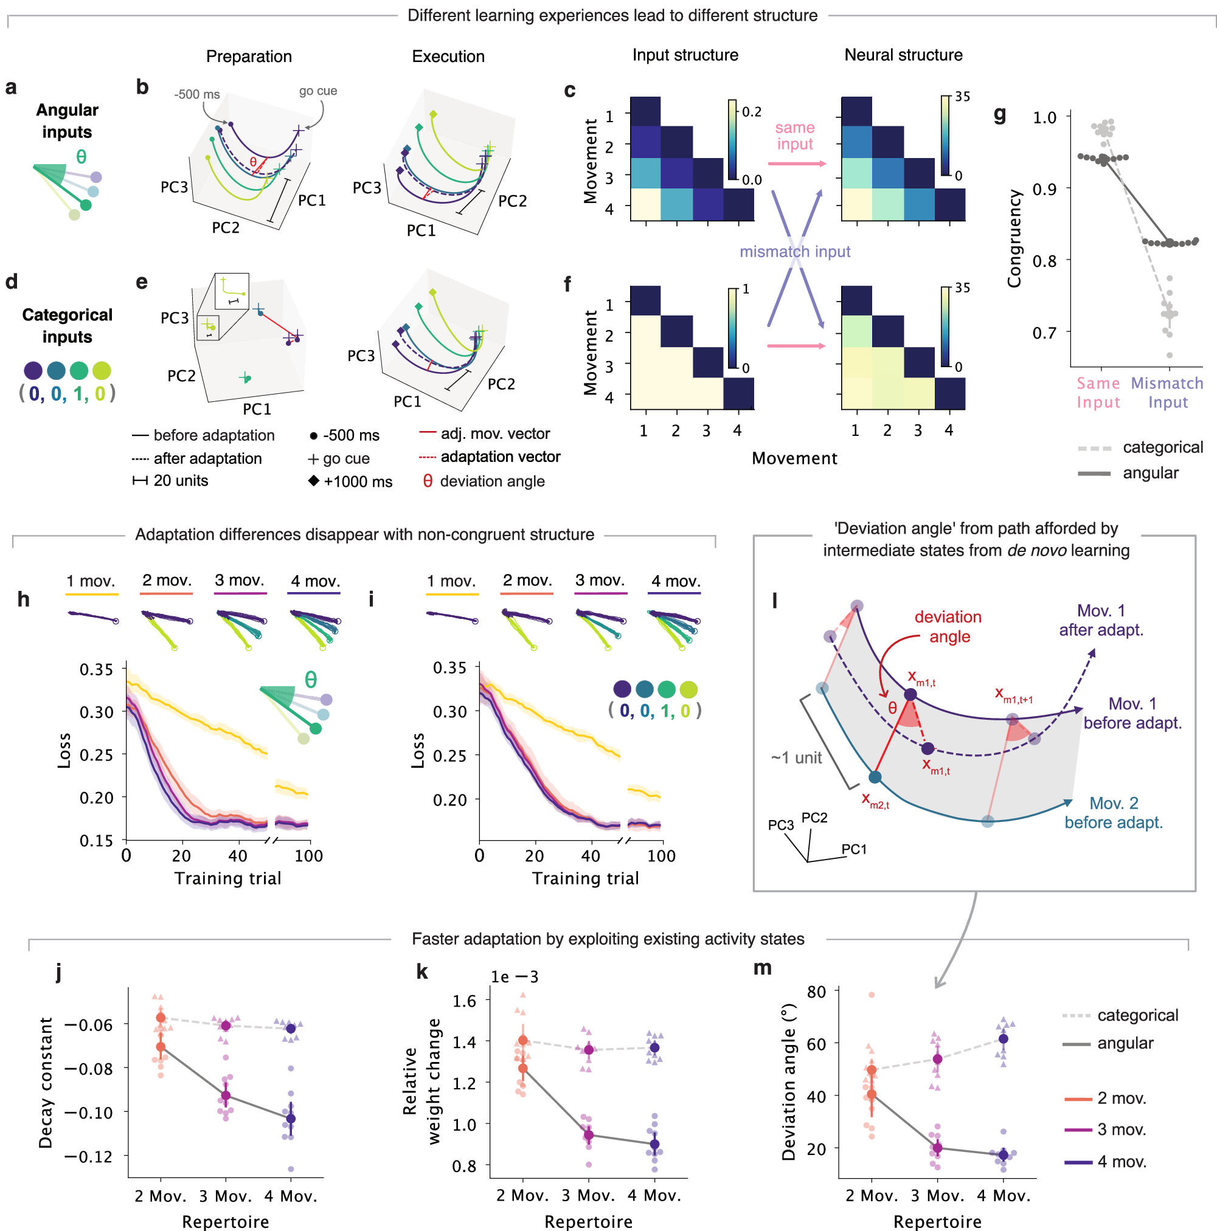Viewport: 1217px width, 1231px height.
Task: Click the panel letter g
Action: (x=1000, y=116)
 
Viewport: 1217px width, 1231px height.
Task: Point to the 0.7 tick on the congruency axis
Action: (x=1044, y=333)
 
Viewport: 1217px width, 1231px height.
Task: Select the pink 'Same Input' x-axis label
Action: (x=1098, y=393)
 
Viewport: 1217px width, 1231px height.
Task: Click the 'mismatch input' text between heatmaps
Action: (x=794, y=252)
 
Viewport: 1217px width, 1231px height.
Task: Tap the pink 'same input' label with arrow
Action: (x=794, y=136)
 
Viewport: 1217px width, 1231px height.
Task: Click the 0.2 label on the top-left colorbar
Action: (x=752, y=112)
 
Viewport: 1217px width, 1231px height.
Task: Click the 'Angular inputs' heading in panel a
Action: (x=67, y=121)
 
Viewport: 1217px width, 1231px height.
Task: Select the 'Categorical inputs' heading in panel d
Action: (x=67, y=326)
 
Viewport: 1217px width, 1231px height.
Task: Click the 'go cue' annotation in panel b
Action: (x=318, y=91)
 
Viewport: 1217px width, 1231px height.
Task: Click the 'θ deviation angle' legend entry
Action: (x=485, y=481)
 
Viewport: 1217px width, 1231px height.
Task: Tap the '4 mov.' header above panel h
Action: (x=315, y=581)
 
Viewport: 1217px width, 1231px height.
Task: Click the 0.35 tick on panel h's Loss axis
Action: (x=96, y=670)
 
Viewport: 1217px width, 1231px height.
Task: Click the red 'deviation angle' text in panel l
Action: (x=948, y=627)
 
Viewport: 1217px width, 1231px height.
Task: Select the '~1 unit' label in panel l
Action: (x=796, y=758)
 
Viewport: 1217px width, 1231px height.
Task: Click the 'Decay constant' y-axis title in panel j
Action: (x=46, y=1083)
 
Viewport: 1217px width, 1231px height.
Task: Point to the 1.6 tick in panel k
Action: (x=464, y=1001)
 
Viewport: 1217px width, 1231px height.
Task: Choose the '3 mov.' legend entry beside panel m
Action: (x=1122, y=1129)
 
